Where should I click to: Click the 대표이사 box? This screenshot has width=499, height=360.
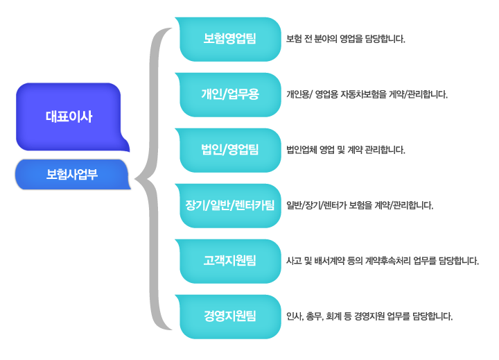coord(69,117)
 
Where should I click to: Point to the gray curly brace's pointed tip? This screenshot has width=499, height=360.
coord(135,179)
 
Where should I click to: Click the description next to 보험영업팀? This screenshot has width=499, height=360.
coord(346,39)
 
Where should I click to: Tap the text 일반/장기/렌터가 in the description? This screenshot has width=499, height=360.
coord(316,205)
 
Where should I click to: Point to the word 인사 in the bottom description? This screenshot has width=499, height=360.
coord(295,316)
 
